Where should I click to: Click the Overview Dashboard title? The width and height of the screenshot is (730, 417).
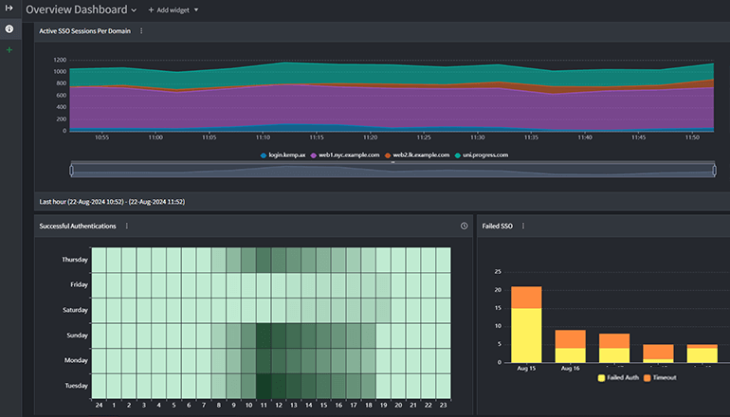click(76, 9)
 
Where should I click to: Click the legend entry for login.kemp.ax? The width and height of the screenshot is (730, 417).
click(284, 154)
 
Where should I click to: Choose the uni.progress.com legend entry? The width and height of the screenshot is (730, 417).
click(483, 154)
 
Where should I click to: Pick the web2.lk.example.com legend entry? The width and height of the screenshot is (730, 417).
click(416, 154)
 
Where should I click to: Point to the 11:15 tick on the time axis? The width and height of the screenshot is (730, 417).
click(316, 136)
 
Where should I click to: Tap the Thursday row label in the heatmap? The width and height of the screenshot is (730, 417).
click(74, 260)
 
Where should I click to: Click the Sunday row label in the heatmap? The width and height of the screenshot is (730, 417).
click(76, 335)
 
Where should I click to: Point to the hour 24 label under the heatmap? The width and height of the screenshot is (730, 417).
click(98, 405)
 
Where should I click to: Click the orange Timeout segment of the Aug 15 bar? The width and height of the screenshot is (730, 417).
click(526, 297)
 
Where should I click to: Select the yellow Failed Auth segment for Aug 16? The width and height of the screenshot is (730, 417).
click(571, 354)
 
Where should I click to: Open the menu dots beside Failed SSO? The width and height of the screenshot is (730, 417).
click(522, 227)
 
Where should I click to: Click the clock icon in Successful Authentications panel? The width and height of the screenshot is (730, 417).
click(464, 227)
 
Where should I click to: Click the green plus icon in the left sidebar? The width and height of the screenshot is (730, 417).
click(9, 49)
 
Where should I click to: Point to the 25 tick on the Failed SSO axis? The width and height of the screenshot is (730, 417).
click(499, 271)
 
